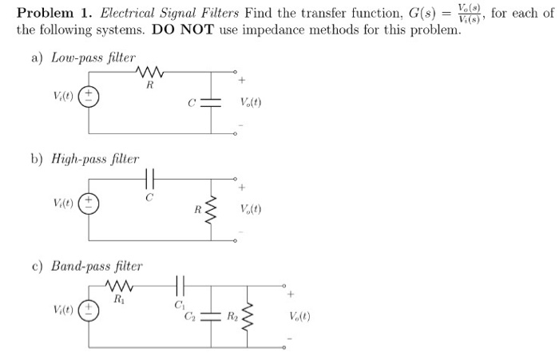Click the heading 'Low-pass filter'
point(93,58)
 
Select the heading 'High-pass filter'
point(95,160)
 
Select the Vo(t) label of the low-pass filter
point(251,104)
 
